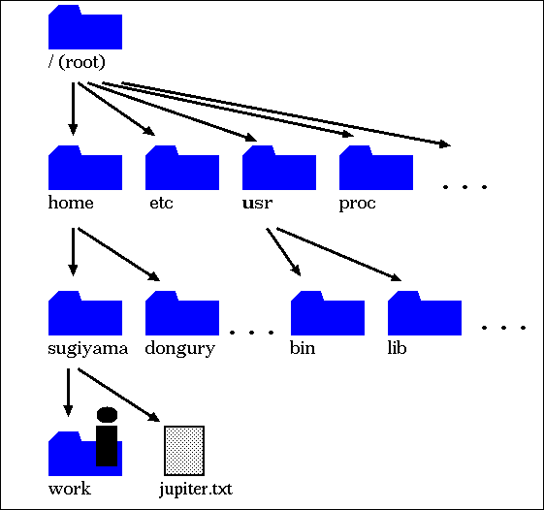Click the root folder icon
point(85,27)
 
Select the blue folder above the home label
point(85,168)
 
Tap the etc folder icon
point(182,168)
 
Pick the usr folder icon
point(279,168)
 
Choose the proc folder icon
point(376,168)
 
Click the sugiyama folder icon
point(85,313)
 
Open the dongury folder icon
point(182,313)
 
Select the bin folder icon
point(328,313)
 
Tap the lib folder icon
point(425,313)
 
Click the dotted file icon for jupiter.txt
point(184,451)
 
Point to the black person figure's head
point(107,415)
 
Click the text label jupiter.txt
point(196,490)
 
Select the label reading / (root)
point(77,62)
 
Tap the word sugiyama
point(88,349)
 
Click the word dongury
point(180,349)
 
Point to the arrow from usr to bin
point(283,252)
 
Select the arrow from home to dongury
point(118,254)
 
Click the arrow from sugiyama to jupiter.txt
point(118,395)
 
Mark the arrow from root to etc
point(116,109)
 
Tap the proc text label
point(357,204)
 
